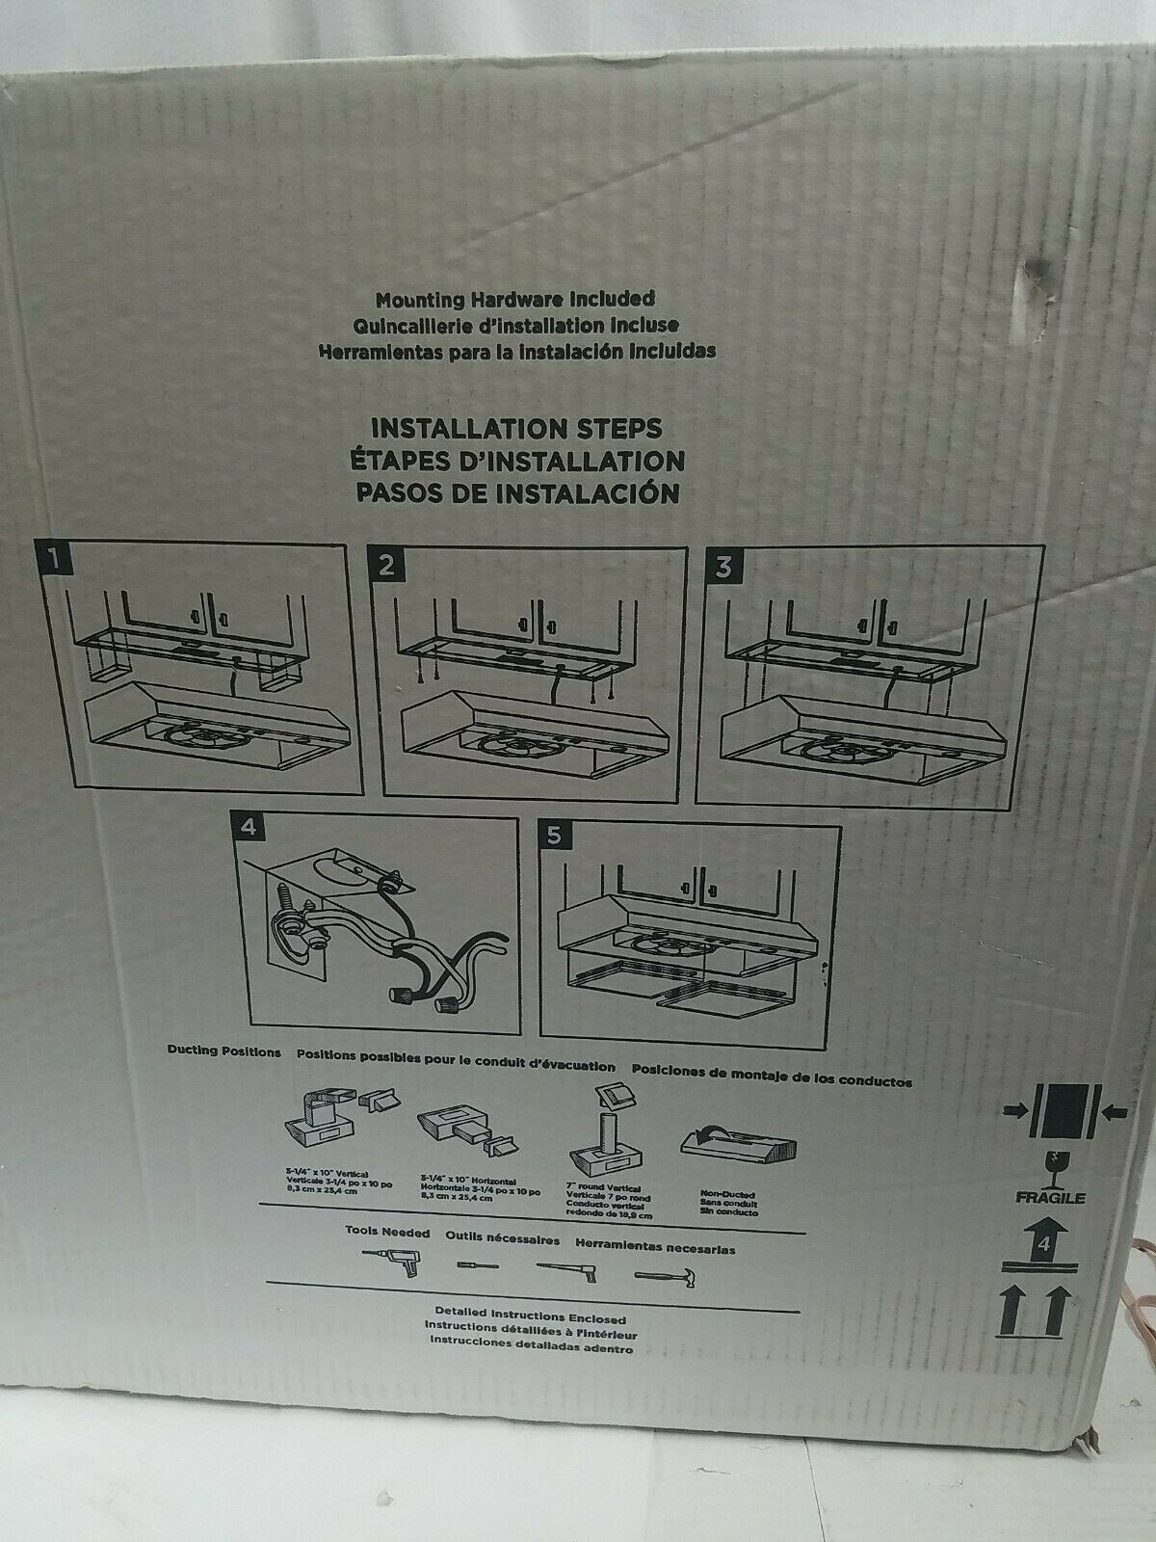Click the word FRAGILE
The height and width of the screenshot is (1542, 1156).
coord(1056,1199)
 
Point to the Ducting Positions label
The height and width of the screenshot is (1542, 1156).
coord(223,1051)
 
